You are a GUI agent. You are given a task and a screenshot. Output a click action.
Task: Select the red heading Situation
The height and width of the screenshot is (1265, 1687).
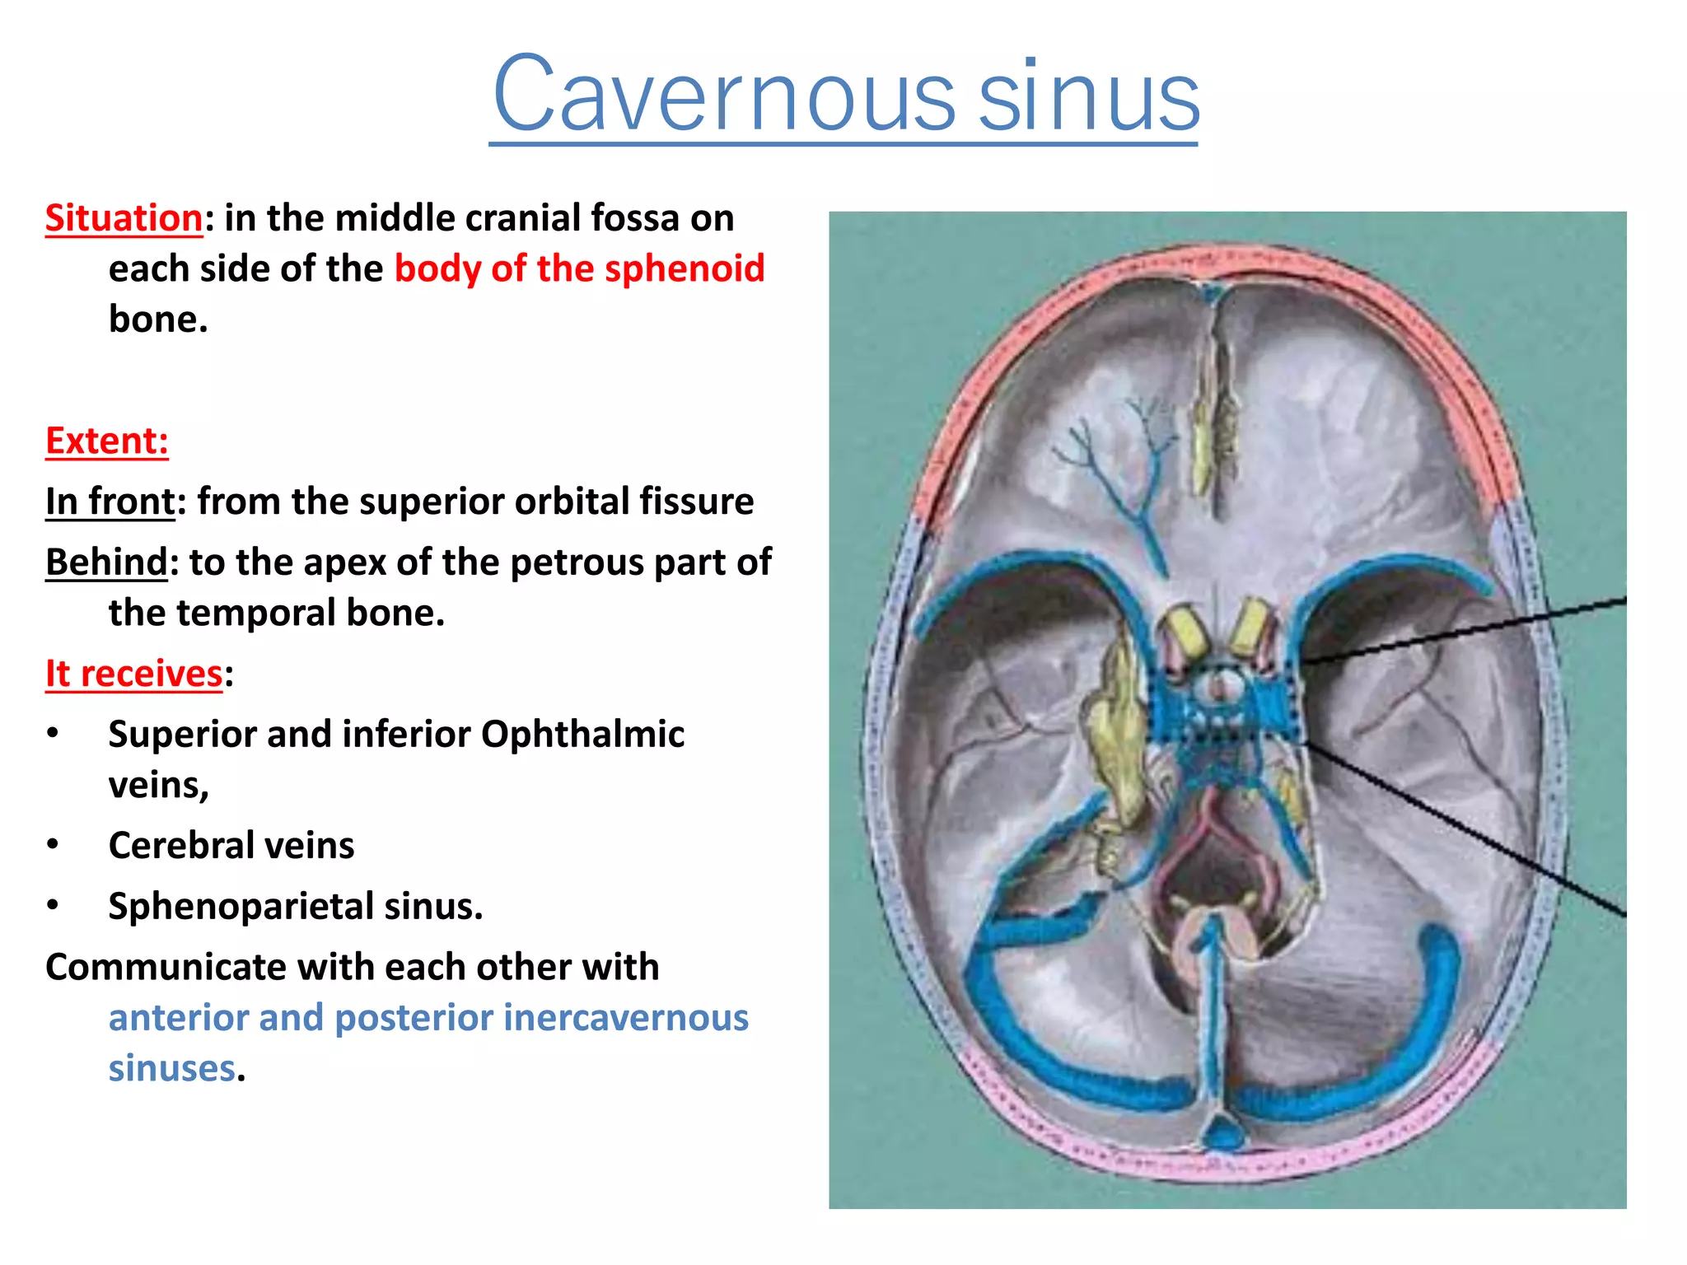[x=124, y=218]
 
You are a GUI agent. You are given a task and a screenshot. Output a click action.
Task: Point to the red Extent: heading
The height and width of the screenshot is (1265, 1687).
[x=107, y=441]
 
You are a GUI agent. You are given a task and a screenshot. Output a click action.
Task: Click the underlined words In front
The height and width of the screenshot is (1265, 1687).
[x=110, y=501]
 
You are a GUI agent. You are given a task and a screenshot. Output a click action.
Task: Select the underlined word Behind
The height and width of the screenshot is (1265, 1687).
[x=106, y=562]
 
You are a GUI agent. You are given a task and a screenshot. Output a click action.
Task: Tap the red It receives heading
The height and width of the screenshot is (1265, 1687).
[x=133, y=674]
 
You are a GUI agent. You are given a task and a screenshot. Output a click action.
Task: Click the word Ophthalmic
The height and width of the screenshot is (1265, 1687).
[x=582, y=734]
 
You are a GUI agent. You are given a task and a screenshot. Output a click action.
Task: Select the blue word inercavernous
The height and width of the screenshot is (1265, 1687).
[x=625, y=1017]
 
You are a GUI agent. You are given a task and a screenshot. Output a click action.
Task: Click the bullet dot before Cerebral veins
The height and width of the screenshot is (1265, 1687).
[x=53, y=845]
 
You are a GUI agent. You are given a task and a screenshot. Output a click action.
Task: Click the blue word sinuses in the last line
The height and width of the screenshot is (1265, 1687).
[x=171, y=1068]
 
